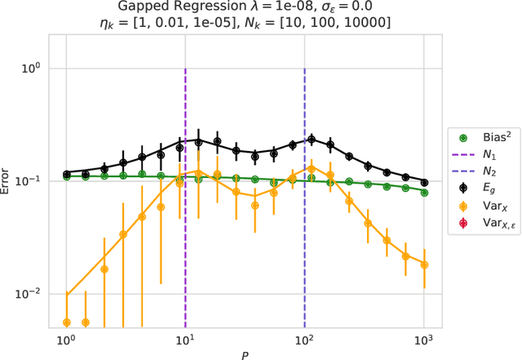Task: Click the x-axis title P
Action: coord(245,353)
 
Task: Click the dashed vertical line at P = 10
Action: coord(185,245)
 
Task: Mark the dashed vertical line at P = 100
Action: coord(304,245)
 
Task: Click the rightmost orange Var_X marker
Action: coord(423,264)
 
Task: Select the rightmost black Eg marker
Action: coord(423,182)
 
